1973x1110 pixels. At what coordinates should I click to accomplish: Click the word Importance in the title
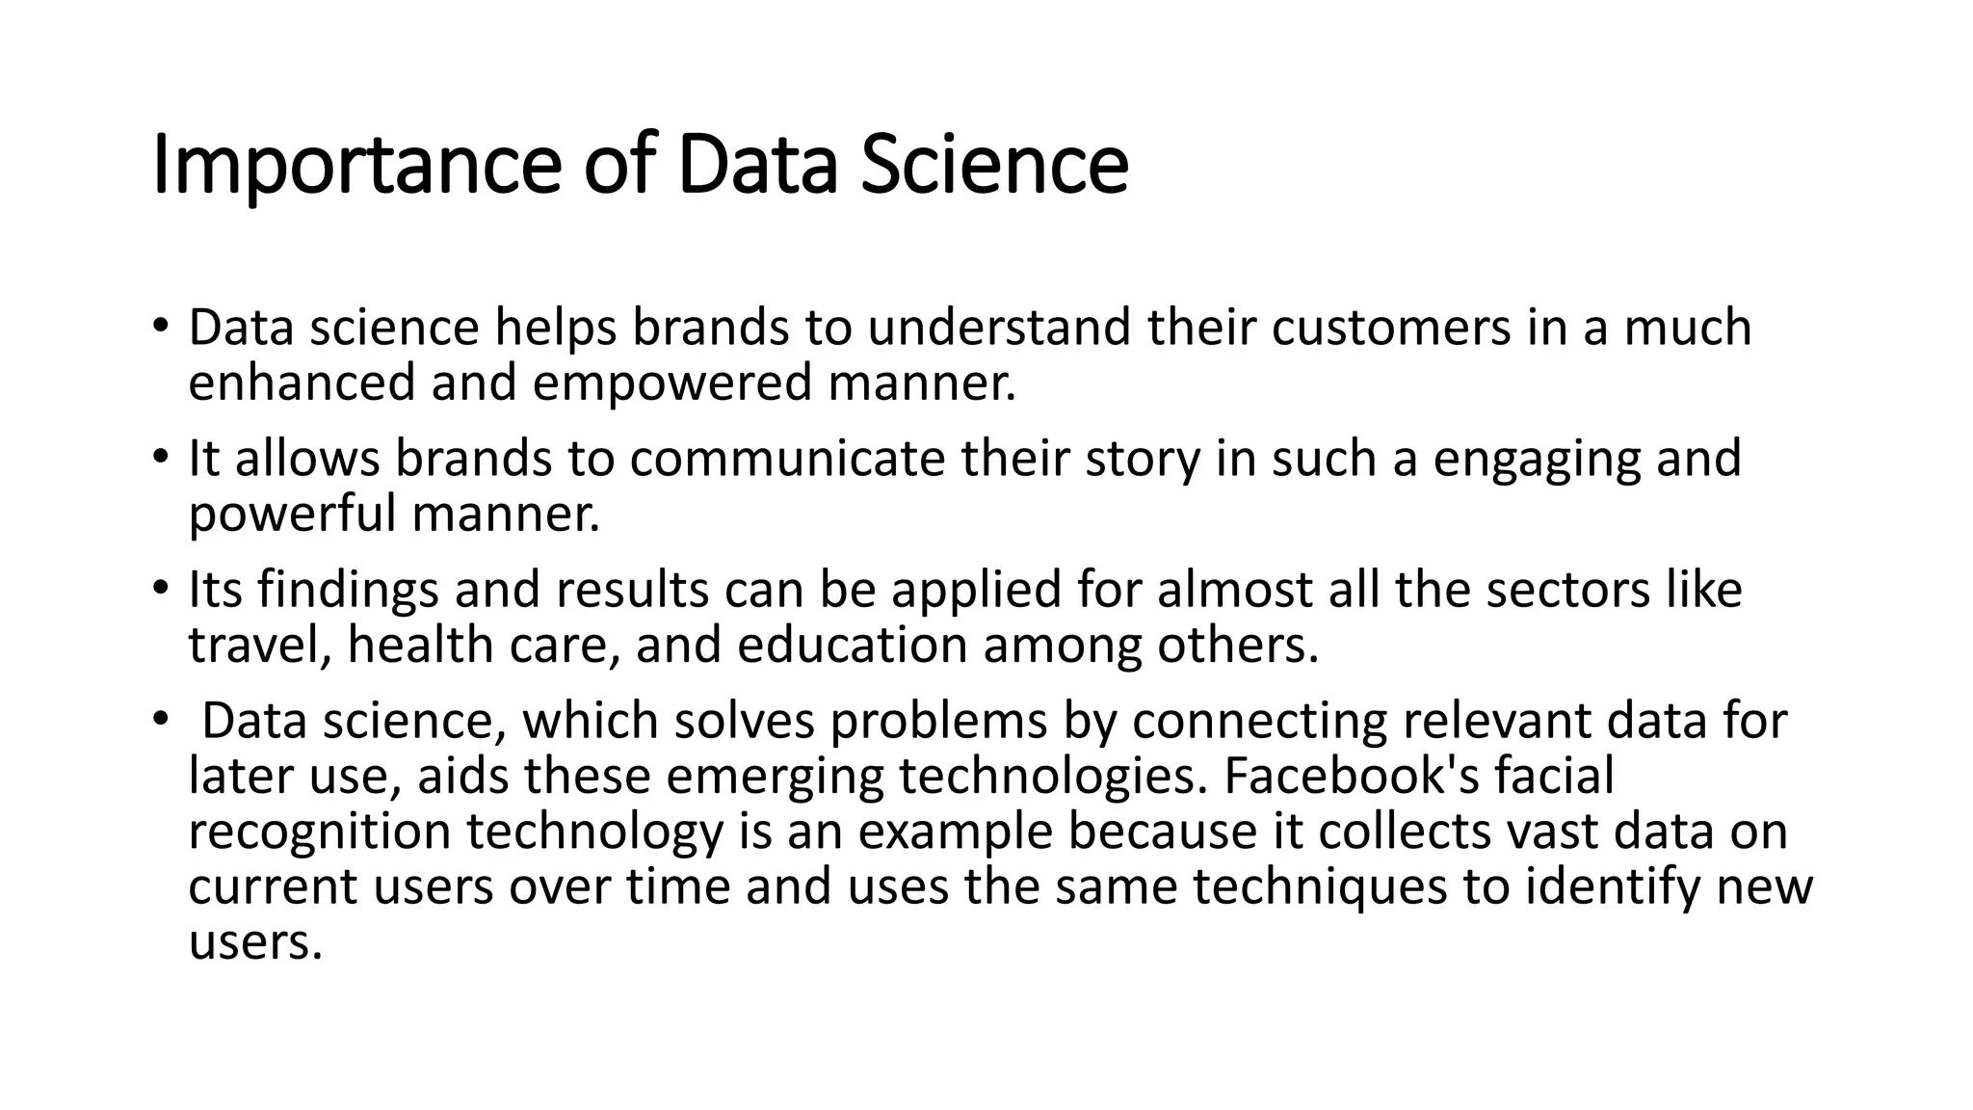pos(356,166)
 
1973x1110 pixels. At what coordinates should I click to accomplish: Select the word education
pos(852,645)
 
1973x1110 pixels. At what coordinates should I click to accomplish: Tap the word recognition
pos(319,832)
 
